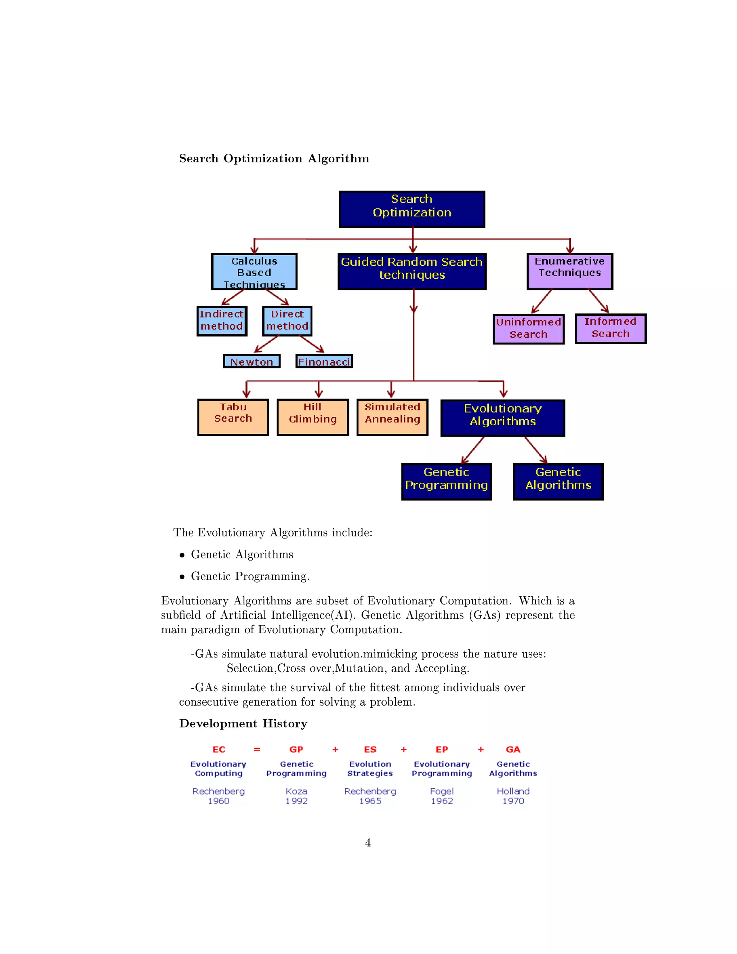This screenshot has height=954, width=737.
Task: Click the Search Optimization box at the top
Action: click(412, 209)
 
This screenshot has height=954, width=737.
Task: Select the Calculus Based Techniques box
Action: click(254, 272)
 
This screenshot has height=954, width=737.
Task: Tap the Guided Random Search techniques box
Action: click(412, 271)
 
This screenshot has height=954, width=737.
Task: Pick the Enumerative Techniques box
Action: click(570, 271)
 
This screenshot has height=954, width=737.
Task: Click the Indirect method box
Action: click(222, 321)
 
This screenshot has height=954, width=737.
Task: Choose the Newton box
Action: click(252, 362)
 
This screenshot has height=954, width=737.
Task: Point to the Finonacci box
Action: click(324, 362)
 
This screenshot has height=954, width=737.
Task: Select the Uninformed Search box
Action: click(528, 329)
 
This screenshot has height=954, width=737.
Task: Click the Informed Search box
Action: click(610, 328)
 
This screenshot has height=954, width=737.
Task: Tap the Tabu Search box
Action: click(233, 417)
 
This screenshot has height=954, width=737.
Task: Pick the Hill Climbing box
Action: click(313, 417)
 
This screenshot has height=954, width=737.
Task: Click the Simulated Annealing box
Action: click(393, 417)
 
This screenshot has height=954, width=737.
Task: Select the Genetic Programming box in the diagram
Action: click(446, 482)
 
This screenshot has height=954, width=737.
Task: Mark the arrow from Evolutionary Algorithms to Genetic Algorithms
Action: click(535, 450)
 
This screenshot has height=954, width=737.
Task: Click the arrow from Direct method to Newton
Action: click(266, 344)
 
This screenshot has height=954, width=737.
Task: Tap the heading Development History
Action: click(243, 724)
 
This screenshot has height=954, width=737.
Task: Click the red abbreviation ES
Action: click(370, 750)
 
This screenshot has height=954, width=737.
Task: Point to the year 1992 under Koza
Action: click(297, 801)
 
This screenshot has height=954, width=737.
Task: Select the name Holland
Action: click(513, 791)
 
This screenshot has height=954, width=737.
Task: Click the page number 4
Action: click(368, 843)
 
